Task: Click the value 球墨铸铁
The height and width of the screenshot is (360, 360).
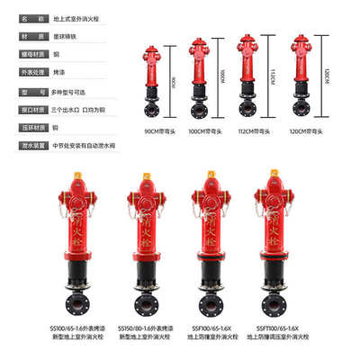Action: pyautogui.click(x=68, y=37)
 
